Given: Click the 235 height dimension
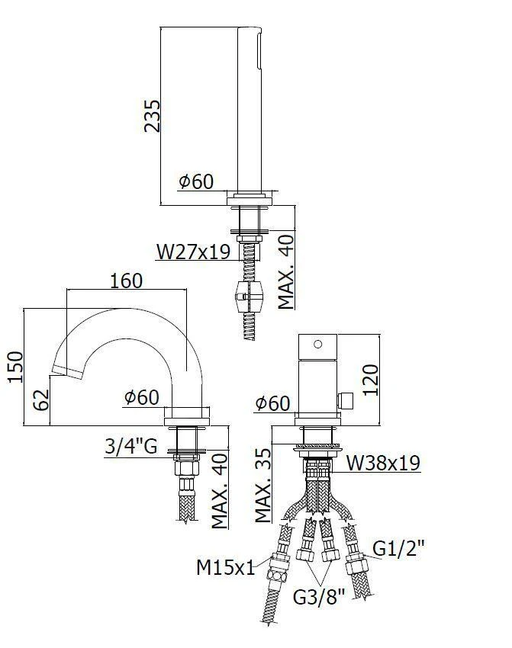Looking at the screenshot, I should coord(152,115).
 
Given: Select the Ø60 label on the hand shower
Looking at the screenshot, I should coord(195,181).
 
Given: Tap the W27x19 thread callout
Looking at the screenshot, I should coord(193,251).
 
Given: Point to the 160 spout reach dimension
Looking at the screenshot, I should coord(126,281).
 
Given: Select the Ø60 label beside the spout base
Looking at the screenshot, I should coord(140,397).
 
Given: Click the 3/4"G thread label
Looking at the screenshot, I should coord(130,446).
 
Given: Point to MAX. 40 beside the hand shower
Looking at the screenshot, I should coord(286,271).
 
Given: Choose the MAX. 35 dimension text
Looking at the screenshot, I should coord(264,484).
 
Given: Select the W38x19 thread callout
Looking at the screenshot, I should coord(383,462).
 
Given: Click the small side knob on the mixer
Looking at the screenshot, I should coord(347,398).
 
